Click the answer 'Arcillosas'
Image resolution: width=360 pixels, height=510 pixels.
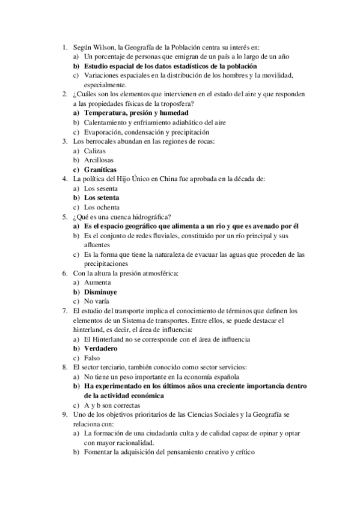pos(99,160)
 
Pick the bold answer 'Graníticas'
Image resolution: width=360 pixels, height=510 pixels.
pos(100,170)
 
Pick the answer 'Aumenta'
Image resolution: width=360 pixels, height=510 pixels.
pos(97,282)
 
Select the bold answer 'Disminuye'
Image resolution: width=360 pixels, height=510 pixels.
pos(100,292)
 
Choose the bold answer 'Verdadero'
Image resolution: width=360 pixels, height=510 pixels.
pos(100,348)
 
